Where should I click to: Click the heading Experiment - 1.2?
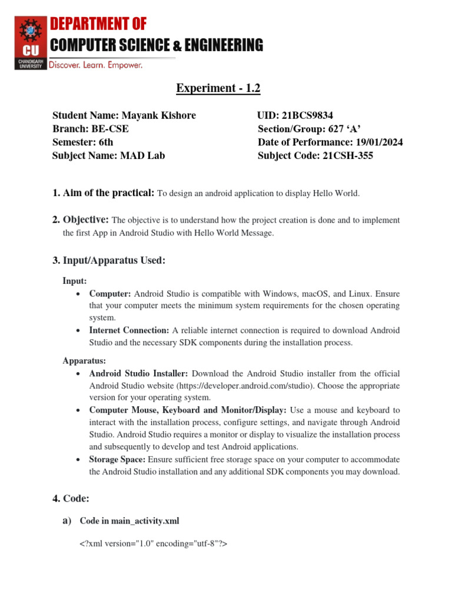[218, 88]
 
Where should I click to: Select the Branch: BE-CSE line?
[90, 129]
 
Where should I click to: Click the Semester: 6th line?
[82, 142]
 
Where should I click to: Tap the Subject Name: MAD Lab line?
[108, 155]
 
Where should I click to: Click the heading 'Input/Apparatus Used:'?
[108, 260]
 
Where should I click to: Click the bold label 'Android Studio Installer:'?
[139, 373]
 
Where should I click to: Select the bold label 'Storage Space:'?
[117, 459]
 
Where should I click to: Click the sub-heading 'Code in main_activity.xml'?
[129, 521]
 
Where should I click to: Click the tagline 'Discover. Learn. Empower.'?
[95, 65]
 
